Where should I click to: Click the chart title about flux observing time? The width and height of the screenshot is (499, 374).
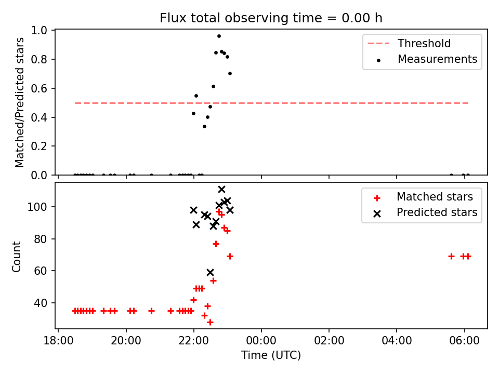pos(271,18)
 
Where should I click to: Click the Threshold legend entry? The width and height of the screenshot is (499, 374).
pos(410,43)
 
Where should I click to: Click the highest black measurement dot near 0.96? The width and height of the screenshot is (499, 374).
pos(219,36)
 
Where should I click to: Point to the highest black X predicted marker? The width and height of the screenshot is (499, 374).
pos(222,190)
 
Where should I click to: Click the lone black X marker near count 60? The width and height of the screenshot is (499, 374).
pos(210,273)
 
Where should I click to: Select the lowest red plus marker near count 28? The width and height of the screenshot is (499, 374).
pos(210,323)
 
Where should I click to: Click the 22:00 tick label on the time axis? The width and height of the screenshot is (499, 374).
pos(194,341)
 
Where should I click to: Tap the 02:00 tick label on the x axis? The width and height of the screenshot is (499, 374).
pos(329,341)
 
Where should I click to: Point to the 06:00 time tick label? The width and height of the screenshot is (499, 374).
pos(464,341)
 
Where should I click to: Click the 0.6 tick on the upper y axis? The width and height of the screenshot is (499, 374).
pos(39,88)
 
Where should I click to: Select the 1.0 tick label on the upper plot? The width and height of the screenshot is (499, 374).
pos(39,31)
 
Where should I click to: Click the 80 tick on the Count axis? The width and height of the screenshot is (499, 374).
pos(40,239)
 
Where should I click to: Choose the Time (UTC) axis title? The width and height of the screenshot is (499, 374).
pos(271,355)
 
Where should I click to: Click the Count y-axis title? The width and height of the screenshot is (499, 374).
pos(17,256)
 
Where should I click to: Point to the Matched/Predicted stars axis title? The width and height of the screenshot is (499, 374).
pos(20,102)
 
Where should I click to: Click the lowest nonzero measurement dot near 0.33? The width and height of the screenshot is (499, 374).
pos(205,127)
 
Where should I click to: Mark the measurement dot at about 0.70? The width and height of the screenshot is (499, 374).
pos(230,74)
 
